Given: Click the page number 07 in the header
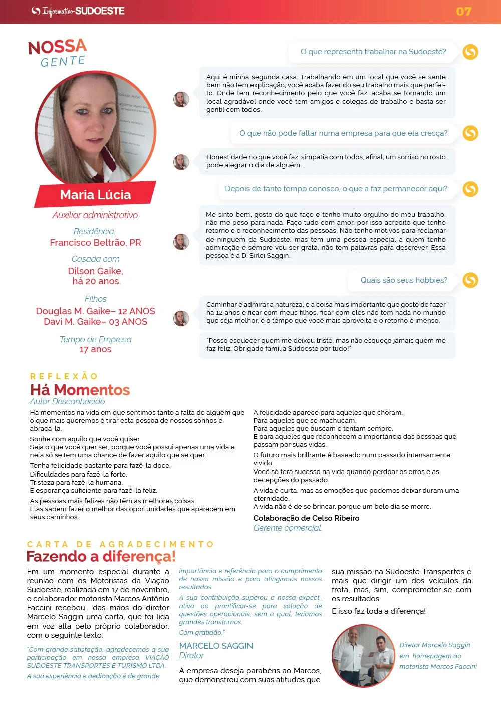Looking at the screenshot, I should click(463, 11).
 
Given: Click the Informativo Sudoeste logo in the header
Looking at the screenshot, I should click(78, 11).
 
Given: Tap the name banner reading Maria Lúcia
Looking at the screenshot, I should click(95, 195).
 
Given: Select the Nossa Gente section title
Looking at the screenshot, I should click(58, 53).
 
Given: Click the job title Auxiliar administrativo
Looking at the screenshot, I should click(95, 215).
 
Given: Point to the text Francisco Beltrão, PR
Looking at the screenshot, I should click(95, 243).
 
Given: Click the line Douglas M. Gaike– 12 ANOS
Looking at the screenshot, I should click(95, 311).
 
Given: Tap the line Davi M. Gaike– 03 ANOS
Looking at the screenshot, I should click(95, 322).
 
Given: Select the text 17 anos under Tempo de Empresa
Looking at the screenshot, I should click(95, 349).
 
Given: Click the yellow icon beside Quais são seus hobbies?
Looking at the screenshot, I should click(470, 280).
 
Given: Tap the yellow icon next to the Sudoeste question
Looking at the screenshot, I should click(470, 52).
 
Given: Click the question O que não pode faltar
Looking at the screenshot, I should click(343, 133).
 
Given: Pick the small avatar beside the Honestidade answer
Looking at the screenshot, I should click(181, 162).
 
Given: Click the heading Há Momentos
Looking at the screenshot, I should click(80, 390).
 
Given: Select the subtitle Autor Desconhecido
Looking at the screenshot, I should click(67, 402).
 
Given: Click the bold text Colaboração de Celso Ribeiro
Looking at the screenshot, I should click(306, 518).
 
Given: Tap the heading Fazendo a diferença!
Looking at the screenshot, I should click(101, 557).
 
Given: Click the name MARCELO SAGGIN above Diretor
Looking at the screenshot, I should click(216, 646).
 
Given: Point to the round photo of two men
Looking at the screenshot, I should click(363, 656).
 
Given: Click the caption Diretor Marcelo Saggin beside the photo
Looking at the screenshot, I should click(434, 645).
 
